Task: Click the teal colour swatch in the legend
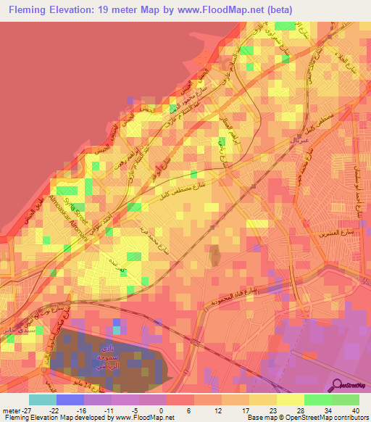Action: (x=42, y=400)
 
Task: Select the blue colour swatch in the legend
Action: (x=70, y=400)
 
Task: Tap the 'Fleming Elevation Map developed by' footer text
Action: (x=51, y=417)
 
